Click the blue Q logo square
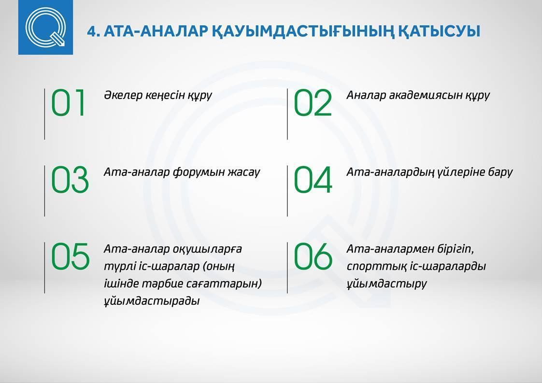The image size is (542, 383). [45, 28]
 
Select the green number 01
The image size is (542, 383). [68, 103]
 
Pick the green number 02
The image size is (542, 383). [313, 103]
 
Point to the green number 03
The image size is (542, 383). [70, 179]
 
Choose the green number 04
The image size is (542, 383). [313, 179]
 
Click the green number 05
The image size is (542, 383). [71, 256]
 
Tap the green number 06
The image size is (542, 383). [313, 256]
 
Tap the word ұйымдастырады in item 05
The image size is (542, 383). [152, 301]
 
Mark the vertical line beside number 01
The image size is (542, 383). [44, 114]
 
